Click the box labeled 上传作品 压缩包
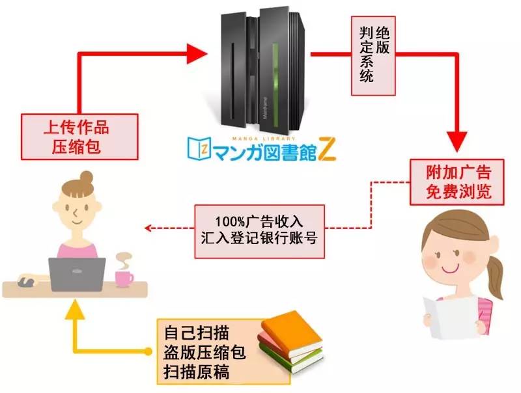(79, 137)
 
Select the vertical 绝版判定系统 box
(373, 56)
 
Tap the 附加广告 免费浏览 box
(457, 182)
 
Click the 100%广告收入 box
(259, 232)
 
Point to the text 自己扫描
(197, 332)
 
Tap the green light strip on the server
(275, 85)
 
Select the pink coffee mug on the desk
(124, 279)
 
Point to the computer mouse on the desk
(26, 282)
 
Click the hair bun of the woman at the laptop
(87, 178)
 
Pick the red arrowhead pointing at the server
(197, 53)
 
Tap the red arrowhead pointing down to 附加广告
(457, 142)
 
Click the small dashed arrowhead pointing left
(148, 228)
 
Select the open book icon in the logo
(199, 148)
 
